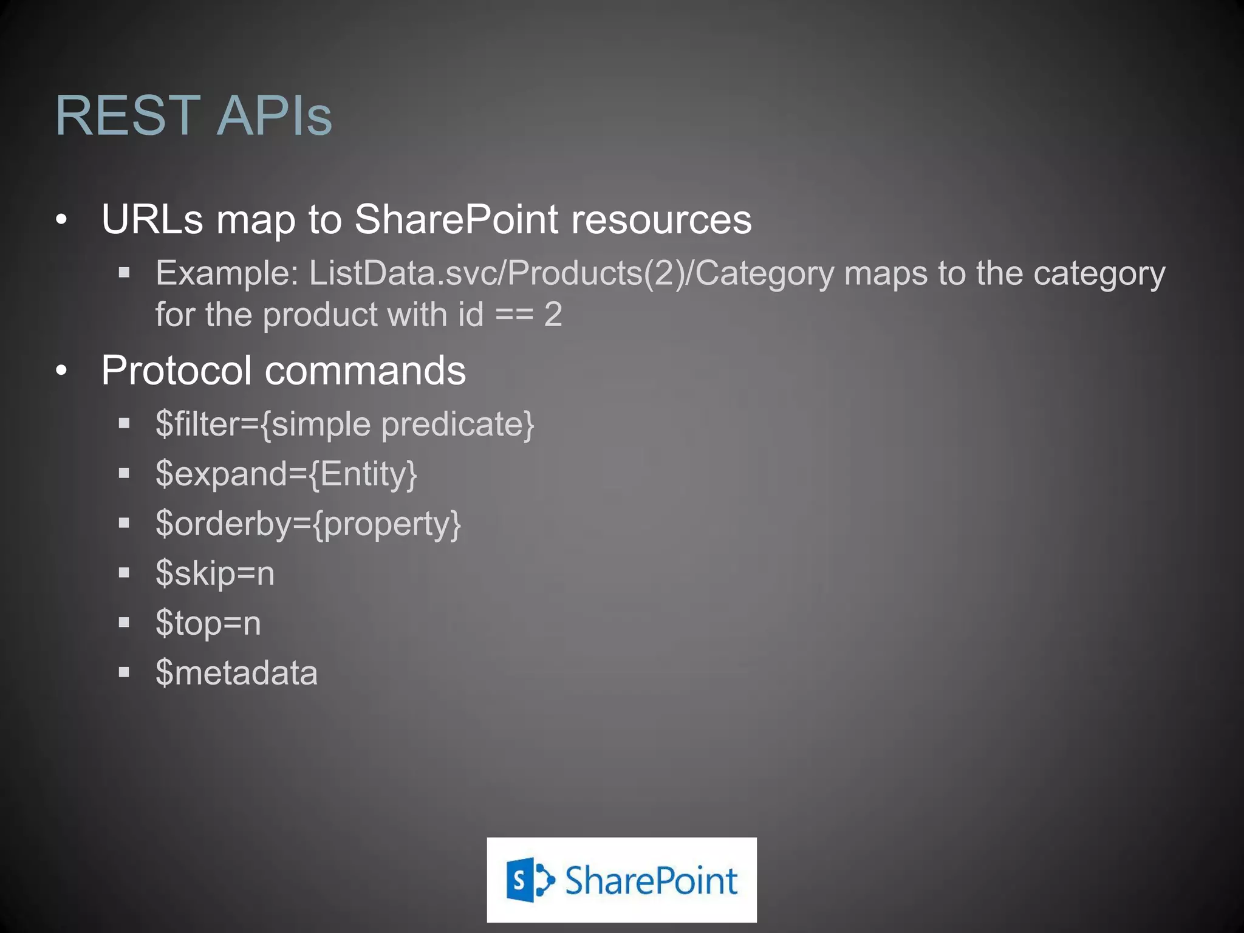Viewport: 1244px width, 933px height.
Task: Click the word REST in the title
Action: (x=128, y=115)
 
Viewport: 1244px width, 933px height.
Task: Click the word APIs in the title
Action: (x=274, y=115)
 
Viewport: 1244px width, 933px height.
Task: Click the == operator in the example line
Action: (x=514, y=315)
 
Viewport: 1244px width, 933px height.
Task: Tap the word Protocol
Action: (x=176, y=370)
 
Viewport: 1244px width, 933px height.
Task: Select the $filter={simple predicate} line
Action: (x=344, y=424)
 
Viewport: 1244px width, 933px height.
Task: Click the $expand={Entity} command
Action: (x=286, y=474)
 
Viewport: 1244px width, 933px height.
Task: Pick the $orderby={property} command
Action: (x=308, y=524)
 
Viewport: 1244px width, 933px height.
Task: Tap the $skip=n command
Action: (x=215, y=573)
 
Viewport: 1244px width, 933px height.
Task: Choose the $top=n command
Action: (x=208, y=623)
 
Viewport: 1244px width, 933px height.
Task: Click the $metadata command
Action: (x=236, y=673)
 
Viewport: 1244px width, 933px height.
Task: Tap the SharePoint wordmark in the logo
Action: (x=651, y=881)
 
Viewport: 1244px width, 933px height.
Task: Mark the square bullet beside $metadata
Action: (x=125, y=672)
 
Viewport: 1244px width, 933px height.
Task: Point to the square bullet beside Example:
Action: (x=125, y=273)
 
